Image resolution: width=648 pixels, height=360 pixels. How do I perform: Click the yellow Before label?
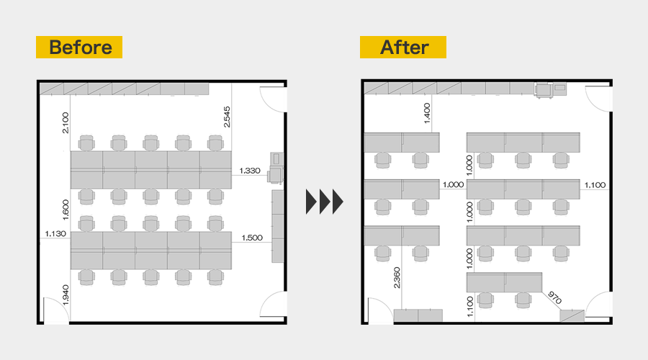[79, 47]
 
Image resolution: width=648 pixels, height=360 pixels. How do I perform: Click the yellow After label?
[403, 47]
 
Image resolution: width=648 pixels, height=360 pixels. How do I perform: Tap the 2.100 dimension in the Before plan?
[66, 122]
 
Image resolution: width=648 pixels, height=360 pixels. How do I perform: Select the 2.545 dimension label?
[227, 117]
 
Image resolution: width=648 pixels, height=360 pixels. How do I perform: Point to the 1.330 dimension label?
[250, 171]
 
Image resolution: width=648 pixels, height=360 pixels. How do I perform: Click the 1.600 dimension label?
[66, 210]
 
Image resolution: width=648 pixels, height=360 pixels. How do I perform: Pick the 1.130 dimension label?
[55, 234]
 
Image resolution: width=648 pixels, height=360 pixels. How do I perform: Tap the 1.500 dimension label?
[252, 238]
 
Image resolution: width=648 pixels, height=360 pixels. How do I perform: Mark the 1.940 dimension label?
[66, 295]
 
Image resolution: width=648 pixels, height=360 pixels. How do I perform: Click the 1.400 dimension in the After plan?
[427, 113]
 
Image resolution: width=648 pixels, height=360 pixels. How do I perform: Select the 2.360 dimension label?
[397, 278]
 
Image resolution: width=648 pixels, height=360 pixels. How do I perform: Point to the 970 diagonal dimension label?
[554, 297]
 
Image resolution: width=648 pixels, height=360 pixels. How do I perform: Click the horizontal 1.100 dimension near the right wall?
[595, 185]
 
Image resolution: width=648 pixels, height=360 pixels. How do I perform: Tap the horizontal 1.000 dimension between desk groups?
[453, 185]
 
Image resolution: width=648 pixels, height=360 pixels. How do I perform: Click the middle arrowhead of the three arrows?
[325, 202]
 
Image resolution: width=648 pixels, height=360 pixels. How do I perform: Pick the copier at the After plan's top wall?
[551, 90]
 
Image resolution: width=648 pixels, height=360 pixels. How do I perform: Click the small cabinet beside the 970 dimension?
[572, 316]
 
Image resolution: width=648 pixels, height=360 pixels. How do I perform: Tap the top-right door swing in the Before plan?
[273, 99]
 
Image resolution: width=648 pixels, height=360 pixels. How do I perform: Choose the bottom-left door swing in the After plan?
[379, 310]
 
